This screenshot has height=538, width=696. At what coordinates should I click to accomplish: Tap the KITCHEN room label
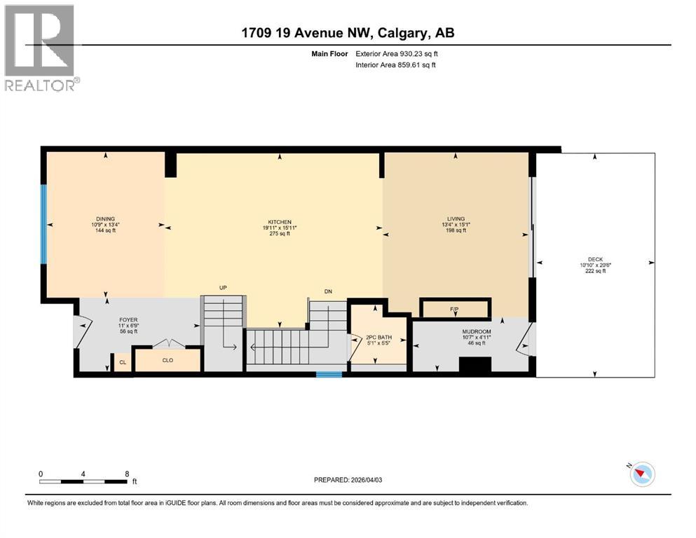click(278, 222)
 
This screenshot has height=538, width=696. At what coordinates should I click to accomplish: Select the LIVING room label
click(456, 219)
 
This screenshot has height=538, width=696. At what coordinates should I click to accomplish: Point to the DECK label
click(595, 259)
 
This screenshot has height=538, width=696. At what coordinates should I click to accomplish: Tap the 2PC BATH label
click(378, 337)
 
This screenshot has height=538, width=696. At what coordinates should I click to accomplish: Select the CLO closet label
click(168, 360)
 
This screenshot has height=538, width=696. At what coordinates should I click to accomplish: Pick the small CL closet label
click(123, 362)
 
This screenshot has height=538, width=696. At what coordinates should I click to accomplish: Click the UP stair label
click(223, 287)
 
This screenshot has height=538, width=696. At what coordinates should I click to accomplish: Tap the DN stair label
click(327, 291)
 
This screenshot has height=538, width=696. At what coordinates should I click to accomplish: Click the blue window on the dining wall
click(43, 223)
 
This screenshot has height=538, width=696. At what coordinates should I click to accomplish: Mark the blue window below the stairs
click(329, 375)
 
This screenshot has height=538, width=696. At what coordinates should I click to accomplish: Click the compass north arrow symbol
click(641, 474)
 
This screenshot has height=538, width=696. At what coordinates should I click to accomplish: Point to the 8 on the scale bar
click(127, 474)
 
